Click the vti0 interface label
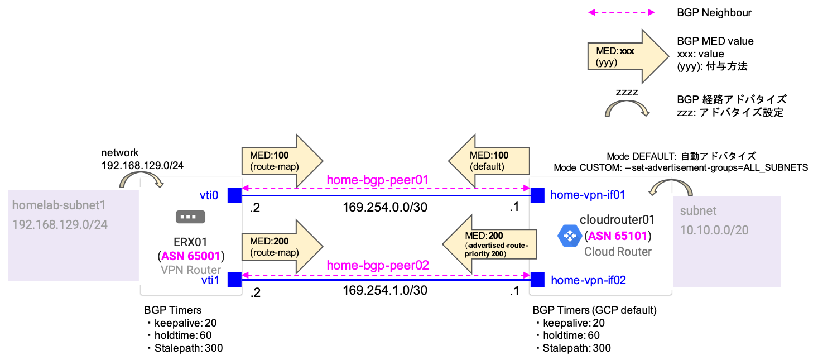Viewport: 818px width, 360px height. (x=209, y=195)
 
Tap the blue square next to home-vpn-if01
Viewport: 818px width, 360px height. (x=537, y=195)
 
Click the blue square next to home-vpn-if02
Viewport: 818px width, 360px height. (x=537, y=280)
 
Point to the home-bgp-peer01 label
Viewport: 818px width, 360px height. (x=377, y=180)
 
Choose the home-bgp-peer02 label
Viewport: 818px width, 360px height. (x=377, y=265)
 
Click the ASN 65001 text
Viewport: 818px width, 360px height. (x=191, y=256)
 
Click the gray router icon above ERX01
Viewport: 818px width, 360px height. (x=190, y=217)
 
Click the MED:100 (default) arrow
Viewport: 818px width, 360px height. (x=489, y=160)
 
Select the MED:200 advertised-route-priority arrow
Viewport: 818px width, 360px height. (x=489, y=244)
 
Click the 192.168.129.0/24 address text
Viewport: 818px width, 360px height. (x=60, y=225)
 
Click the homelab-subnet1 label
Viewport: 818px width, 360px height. (x=59, y=205)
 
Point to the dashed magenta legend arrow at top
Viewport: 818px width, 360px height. (x=621, y=12)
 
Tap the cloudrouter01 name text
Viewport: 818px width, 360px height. (x=617, y=219)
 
